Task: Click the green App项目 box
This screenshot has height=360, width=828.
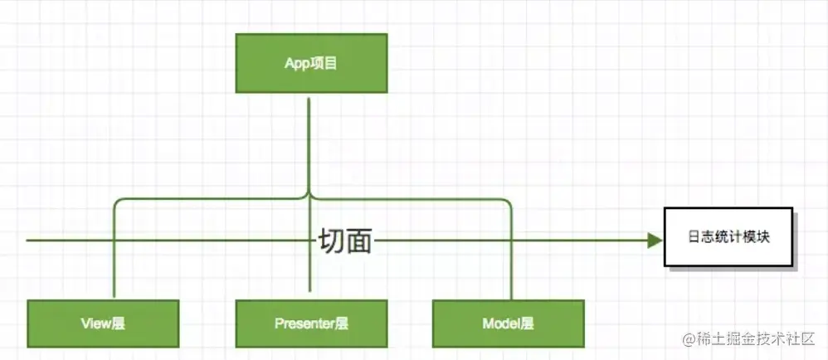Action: click(x=311, y=63)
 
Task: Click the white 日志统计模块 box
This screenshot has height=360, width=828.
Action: click(x=728, y=236)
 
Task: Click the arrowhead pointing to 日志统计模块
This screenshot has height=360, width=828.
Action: click(x=655, y=241)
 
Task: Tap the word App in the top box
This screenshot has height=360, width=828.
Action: click(x=296, y=64)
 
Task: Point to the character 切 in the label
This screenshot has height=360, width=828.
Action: click(x=331, y=241)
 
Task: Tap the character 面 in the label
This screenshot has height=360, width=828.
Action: click(x=358, y=241)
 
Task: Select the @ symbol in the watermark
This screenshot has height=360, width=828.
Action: click(x=689, y=340)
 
